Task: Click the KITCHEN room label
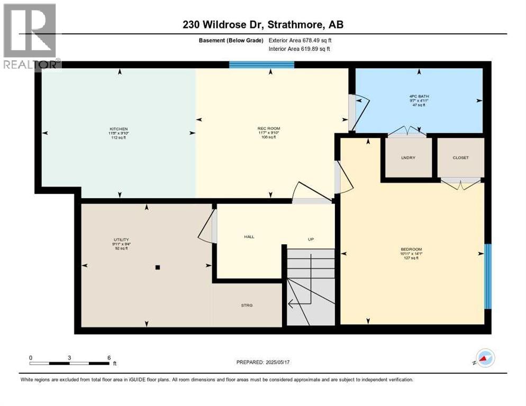[x=119, y=129]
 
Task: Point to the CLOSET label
[x=460, y=158]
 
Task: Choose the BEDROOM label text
[x=411, y=250]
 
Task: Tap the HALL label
[x=249, y=237]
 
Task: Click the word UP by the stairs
[x=311, y=239]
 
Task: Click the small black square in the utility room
[x=157, y=267]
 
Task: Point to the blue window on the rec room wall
[x=261, y=65]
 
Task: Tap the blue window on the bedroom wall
[x=488, y=276]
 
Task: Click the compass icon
[x=485, y=358]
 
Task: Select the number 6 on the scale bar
[x=108, y=357]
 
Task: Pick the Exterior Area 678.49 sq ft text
[x=300, y=40]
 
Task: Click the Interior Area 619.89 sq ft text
[x=300, y=49]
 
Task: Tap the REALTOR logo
[x=30, y=35]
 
